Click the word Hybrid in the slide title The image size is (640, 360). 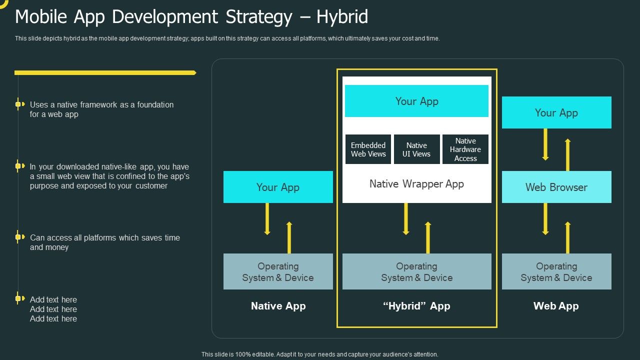point(342,17)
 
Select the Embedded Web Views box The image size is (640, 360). point(368,149)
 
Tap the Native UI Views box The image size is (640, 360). point(416,149)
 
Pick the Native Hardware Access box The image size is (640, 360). point(465,149)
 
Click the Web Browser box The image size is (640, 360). point(556,187)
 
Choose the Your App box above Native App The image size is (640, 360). point(278,187)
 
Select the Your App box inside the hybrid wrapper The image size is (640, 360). point(416,101)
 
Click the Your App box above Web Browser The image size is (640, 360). point(556,112)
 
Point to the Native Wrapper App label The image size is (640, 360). point(416,184)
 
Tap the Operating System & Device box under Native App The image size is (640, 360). point(278,271)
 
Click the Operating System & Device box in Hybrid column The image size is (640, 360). point(416,271)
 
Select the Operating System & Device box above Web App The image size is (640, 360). point(556,271)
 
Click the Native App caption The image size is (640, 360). point(278,306)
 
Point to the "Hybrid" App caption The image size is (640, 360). point(416,306)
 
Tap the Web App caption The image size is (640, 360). point(556,306)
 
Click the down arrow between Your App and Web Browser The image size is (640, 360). point(545,144)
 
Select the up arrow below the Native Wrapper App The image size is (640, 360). point(428,237)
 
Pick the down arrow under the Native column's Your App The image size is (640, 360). point(267,219)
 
